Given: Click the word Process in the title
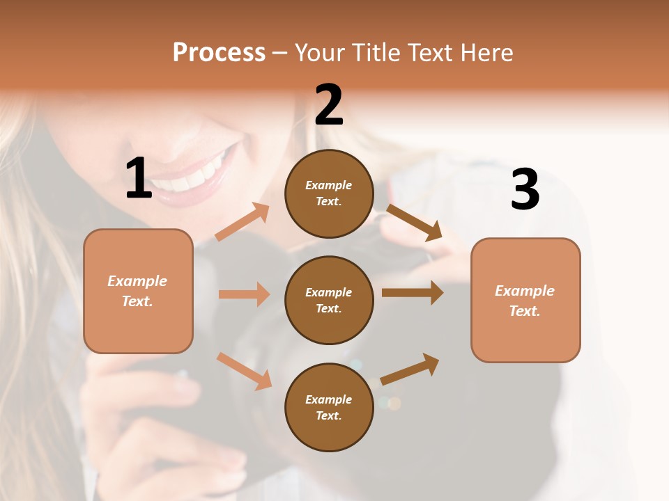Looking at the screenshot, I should (x=219, y=52).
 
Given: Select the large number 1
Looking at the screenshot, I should (x=138, y=179).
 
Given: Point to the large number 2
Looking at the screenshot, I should (x=329, y=105).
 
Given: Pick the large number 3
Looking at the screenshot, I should (x=525, y=190).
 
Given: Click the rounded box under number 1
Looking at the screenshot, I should (x=138, y=291).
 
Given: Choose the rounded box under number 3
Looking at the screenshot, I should (x=525, y=300).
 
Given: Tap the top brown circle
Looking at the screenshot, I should (x=329, y=193).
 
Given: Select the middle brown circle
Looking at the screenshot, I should (x=329, y=300).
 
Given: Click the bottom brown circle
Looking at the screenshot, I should (x=329, y=407).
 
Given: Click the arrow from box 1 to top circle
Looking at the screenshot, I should (x=243, y=222).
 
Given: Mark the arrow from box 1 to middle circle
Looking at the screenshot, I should (x=244, y=294).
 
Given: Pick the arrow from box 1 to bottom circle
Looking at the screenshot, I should (x=245, y=371).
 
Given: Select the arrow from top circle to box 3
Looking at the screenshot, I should (x=414, y=223).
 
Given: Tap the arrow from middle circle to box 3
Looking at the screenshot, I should (x=413, y=293).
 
